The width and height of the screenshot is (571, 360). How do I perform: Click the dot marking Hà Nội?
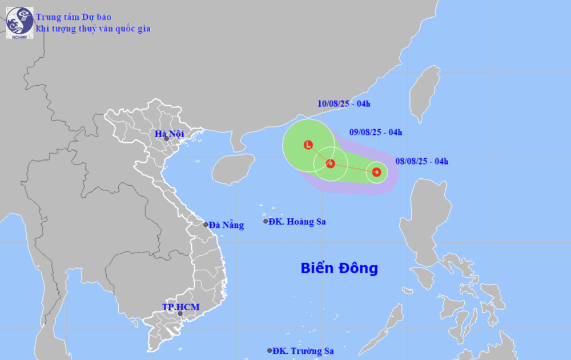point(166,139)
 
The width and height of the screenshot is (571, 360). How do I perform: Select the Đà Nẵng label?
point(226,225)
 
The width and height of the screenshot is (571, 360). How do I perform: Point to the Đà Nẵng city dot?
point(206,225)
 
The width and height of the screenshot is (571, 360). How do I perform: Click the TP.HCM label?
point(180,307)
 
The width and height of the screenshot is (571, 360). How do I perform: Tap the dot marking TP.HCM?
point(180,314)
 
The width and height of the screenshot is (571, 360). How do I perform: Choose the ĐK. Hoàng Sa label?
point(297,222)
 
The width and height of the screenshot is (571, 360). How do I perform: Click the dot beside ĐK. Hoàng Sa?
point(266,222)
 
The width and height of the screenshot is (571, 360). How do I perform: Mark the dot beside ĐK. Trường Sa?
point(270,351)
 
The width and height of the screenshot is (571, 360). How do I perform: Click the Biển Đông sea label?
point(339,268)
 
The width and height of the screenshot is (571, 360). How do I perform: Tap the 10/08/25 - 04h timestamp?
point(344,104)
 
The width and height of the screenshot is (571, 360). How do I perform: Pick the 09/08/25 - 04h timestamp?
point(376,133)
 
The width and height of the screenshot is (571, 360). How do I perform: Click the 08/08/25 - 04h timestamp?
point(422,162)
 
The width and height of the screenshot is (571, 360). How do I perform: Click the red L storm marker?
point(308,145)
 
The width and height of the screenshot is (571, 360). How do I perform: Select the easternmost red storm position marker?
point(376,171)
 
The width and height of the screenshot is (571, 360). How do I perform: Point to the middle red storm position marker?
point(331,164)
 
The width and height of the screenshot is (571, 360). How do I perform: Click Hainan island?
point(232,169)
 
